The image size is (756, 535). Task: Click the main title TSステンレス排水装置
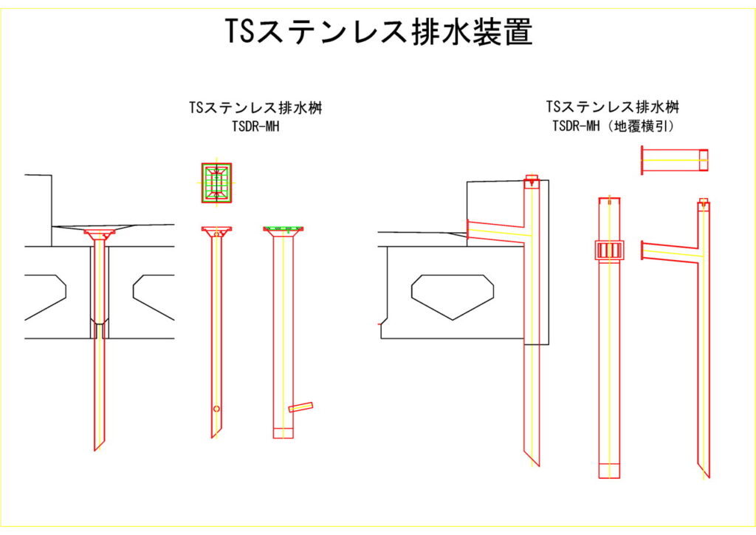click(x=378, y=33)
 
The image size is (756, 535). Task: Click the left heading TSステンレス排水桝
click(x=255, y=108)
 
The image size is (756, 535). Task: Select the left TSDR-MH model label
click(x=255, y=126)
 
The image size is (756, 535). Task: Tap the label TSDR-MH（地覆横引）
click(x=613, y=126)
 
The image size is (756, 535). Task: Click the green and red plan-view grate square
click(x=216, y=183)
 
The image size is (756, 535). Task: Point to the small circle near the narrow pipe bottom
click(x=216, y=409)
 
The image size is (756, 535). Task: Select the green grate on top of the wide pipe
click(x=283, y=229)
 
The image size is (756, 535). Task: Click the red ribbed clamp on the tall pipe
click(x=609, y=250)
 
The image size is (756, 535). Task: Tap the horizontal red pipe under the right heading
click(x=675, y=160)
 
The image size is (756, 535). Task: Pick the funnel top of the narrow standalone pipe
click(x=216, y=231)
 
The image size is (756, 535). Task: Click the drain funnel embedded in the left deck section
click(x=100, y=234)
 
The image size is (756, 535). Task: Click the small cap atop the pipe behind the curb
click(x=532, y=179)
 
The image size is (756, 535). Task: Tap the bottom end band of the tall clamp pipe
click(x=609, y=470)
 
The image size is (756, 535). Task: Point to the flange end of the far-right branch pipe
click(x=644, y=251)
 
